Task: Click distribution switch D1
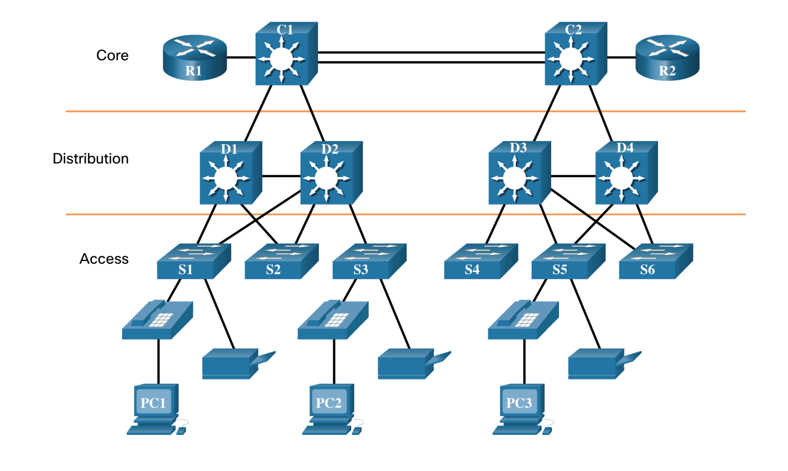(x=230, y=173)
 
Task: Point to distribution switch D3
(x=518, y=173)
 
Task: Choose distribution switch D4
(x=625, y=173)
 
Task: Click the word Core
(x=112, y=55)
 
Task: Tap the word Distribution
(x=90, y=158)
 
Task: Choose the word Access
(x=104, y=259)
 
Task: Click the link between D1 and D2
(x=281, y=177)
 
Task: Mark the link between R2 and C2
(x=621, y=57)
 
